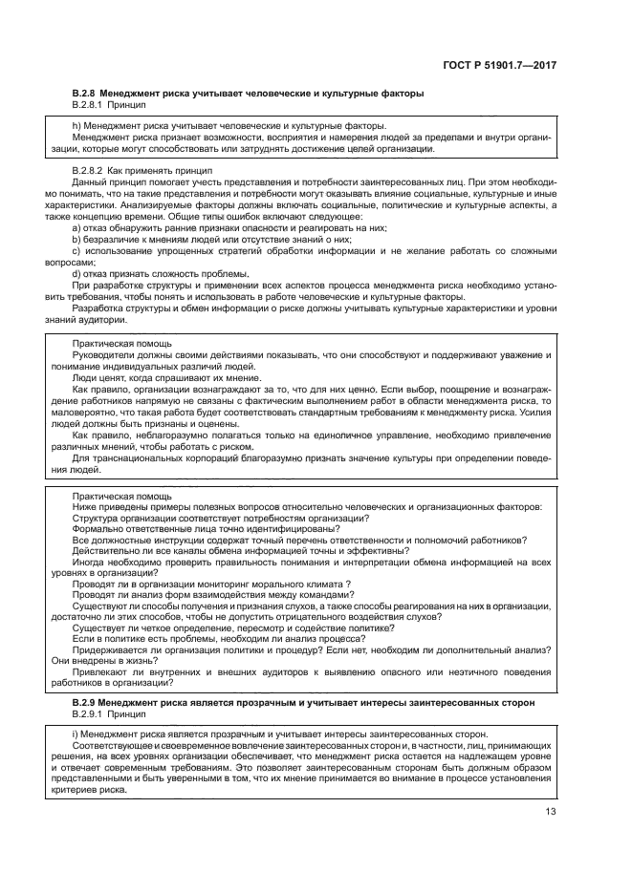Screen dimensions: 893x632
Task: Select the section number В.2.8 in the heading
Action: [x=84, y=93]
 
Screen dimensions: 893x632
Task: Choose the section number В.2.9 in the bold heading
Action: [x=84, y=702]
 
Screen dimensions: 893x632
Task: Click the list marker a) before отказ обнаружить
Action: [x=76, y=228]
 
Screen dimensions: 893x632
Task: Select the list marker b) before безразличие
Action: [x=76, y=239]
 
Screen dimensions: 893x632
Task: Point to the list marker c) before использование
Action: [x=76, y=250]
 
